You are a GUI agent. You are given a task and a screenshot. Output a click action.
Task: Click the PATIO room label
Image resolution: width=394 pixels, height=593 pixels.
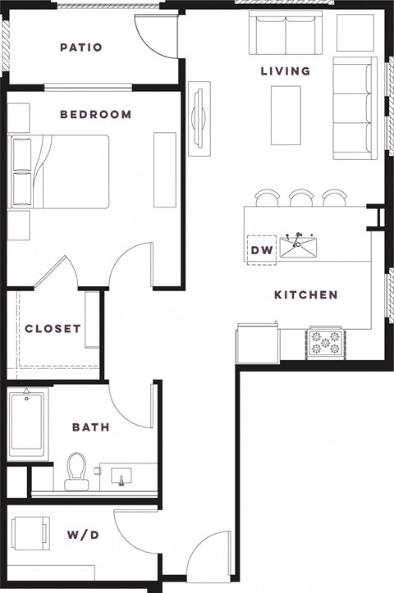pos(81,48)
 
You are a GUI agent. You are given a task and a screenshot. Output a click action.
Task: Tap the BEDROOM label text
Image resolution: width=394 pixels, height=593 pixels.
pos(95,115)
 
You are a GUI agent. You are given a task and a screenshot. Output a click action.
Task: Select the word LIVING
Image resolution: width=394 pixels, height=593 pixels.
pos(286,71)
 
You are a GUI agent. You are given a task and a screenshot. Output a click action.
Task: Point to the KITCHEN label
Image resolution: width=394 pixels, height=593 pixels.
pos(305,294)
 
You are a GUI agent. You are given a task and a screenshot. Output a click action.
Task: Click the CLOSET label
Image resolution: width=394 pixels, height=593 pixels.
pos(53,329)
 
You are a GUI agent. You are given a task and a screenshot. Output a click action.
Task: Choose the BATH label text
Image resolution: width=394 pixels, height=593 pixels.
pos(90,427)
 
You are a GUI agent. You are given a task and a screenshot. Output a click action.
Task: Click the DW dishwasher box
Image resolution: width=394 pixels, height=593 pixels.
pos(261,249)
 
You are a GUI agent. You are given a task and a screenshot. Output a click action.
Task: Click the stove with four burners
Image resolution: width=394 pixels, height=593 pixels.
pos(325,344)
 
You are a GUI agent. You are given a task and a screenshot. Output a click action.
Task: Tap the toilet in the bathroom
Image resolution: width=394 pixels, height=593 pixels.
pos(76,470)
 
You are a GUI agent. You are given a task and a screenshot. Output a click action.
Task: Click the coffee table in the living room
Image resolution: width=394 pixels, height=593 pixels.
pos(286,115)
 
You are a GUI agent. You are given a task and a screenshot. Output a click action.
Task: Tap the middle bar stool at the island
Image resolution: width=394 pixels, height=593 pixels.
pos(300,198)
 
